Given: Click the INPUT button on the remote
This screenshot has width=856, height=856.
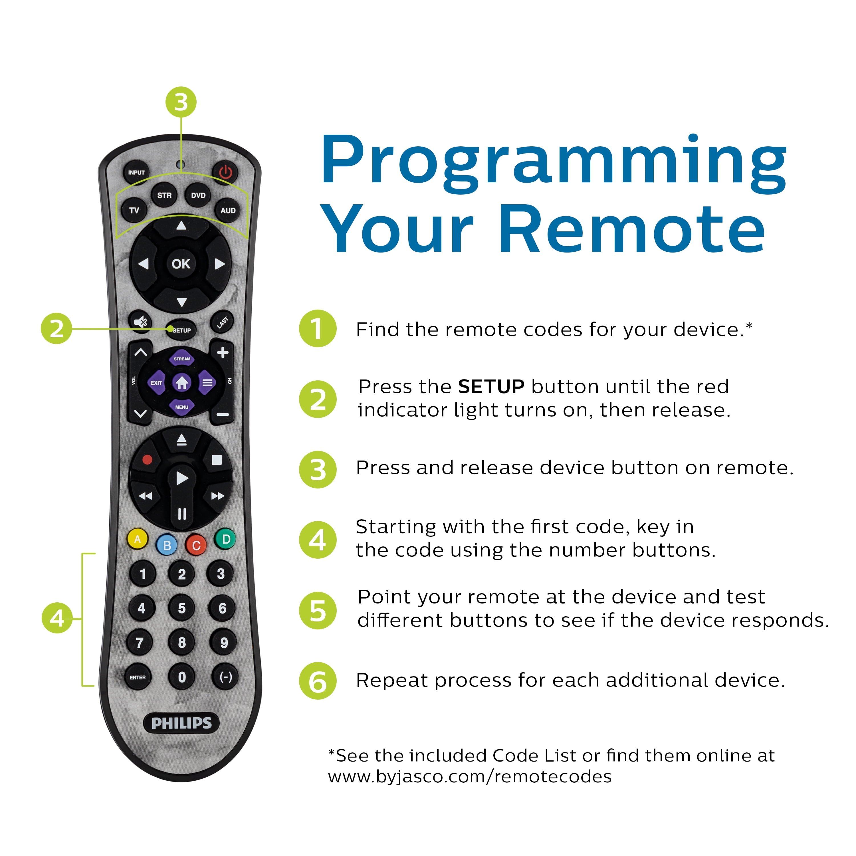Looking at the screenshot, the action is point(136,172).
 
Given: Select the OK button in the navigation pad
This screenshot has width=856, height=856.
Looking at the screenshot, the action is point(181,264).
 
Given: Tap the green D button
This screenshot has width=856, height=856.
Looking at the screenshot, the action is point(225,539).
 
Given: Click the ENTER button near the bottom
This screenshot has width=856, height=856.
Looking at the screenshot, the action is point(138,677).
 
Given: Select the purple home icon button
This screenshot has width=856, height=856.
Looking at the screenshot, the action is point(182,382).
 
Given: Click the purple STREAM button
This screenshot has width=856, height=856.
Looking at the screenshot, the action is point(182,358).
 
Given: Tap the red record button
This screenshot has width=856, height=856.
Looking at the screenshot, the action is point(147,459).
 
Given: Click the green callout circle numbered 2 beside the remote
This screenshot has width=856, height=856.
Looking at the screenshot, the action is point(56,329).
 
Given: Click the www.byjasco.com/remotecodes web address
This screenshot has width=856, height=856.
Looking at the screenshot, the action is point(470,777).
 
